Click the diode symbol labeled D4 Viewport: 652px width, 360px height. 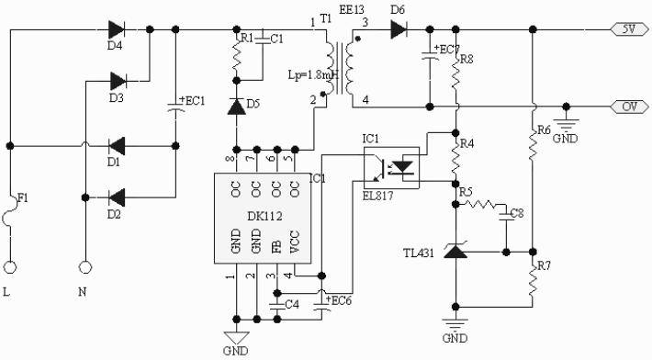pos(117,29)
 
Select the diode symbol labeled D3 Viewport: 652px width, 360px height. pos(117,80)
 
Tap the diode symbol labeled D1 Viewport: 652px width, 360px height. pos(117,145)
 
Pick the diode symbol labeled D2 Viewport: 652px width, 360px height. pos(117,196)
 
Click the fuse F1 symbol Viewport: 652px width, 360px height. pos(10,218)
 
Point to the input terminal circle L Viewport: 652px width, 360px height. pos(10,268)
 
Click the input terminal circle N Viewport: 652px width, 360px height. pos(85,268)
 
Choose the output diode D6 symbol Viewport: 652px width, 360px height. pos(398,29)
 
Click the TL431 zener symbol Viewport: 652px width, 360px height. pos(456,250)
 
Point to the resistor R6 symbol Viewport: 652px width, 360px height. pos(533,145)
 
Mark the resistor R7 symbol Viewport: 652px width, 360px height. pos(533,280)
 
